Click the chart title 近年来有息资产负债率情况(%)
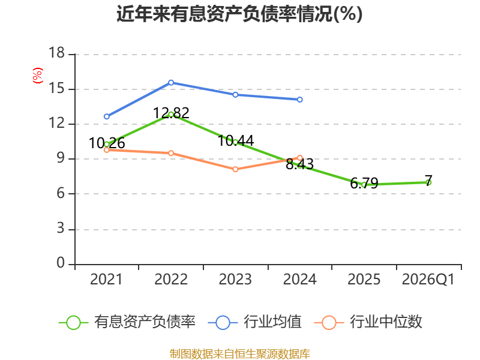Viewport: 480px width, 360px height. [239, 14]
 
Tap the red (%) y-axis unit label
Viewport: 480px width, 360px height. [38, 76]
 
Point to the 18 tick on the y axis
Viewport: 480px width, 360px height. [57, 53]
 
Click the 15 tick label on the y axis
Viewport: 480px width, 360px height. [57, 88]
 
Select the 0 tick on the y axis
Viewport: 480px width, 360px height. [61, 263]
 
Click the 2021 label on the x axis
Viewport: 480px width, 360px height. [106, 279]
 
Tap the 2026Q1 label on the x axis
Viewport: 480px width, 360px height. [428, 279]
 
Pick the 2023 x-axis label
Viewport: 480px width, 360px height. [235, 279]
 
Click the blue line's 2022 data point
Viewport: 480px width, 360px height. [171, 83]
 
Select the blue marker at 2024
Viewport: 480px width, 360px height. [299, 100]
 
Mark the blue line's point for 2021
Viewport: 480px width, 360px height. [107, 116]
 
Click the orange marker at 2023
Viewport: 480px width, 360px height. [235, 169]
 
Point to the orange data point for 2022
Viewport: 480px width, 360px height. [171, 153]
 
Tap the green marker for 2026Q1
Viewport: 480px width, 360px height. [428, 182]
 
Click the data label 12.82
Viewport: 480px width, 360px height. [171, 113]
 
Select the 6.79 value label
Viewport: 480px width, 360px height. [364, 184]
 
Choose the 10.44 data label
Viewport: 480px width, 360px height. [236, 141]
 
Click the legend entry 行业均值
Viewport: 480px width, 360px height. [254, 322]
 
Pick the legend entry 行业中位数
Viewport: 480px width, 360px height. [368, 322]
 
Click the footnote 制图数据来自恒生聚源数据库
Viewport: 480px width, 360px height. [240, 354]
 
